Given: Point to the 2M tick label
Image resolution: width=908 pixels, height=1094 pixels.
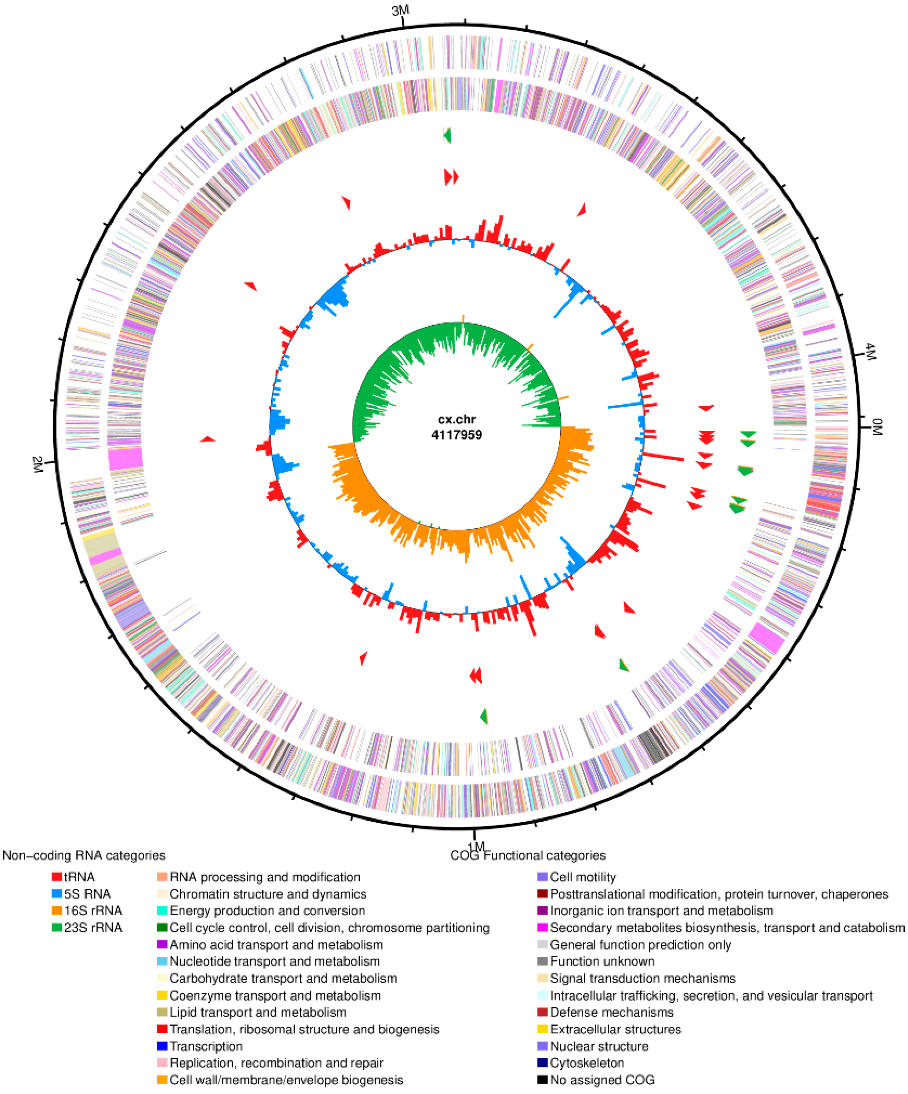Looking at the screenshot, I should (x=37, y=464).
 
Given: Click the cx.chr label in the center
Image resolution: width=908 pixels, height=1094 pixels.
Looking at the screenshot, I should (x=456, y=419).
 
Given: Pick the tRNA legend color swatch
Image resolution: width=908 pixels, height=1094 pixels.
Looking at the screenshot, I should (x=57, y=877).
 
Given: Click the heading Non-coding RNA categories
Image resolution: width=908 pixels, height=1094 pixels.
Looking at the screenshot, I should (x=84, y=855).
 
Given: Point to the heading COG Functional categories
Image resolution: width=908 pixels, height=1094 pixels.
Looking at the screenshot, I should (x=528, y=855).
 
